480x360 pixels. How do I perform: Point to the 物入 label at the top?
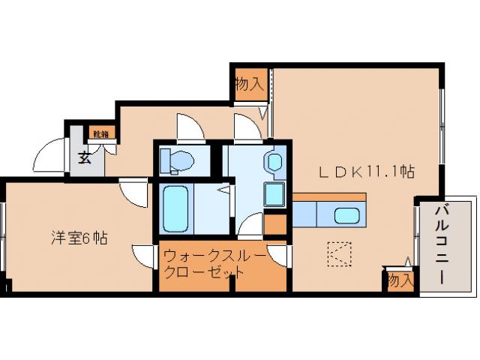[x=248, y=83]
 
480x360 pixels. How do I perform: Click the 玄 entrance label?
[x=84, y=158]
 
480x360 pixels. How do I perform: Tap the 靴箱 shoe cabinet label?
[x=100, y=134]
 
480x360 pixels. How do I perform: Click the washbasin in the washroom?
[x=274, y=162]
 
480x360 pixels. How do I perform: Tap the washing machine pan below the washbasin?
[x=274, y=194]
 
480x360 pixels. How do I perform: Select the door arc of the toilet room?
[x=188, y=127]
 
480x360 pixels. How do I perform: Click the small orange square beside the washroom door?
[x=275, y=224]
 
